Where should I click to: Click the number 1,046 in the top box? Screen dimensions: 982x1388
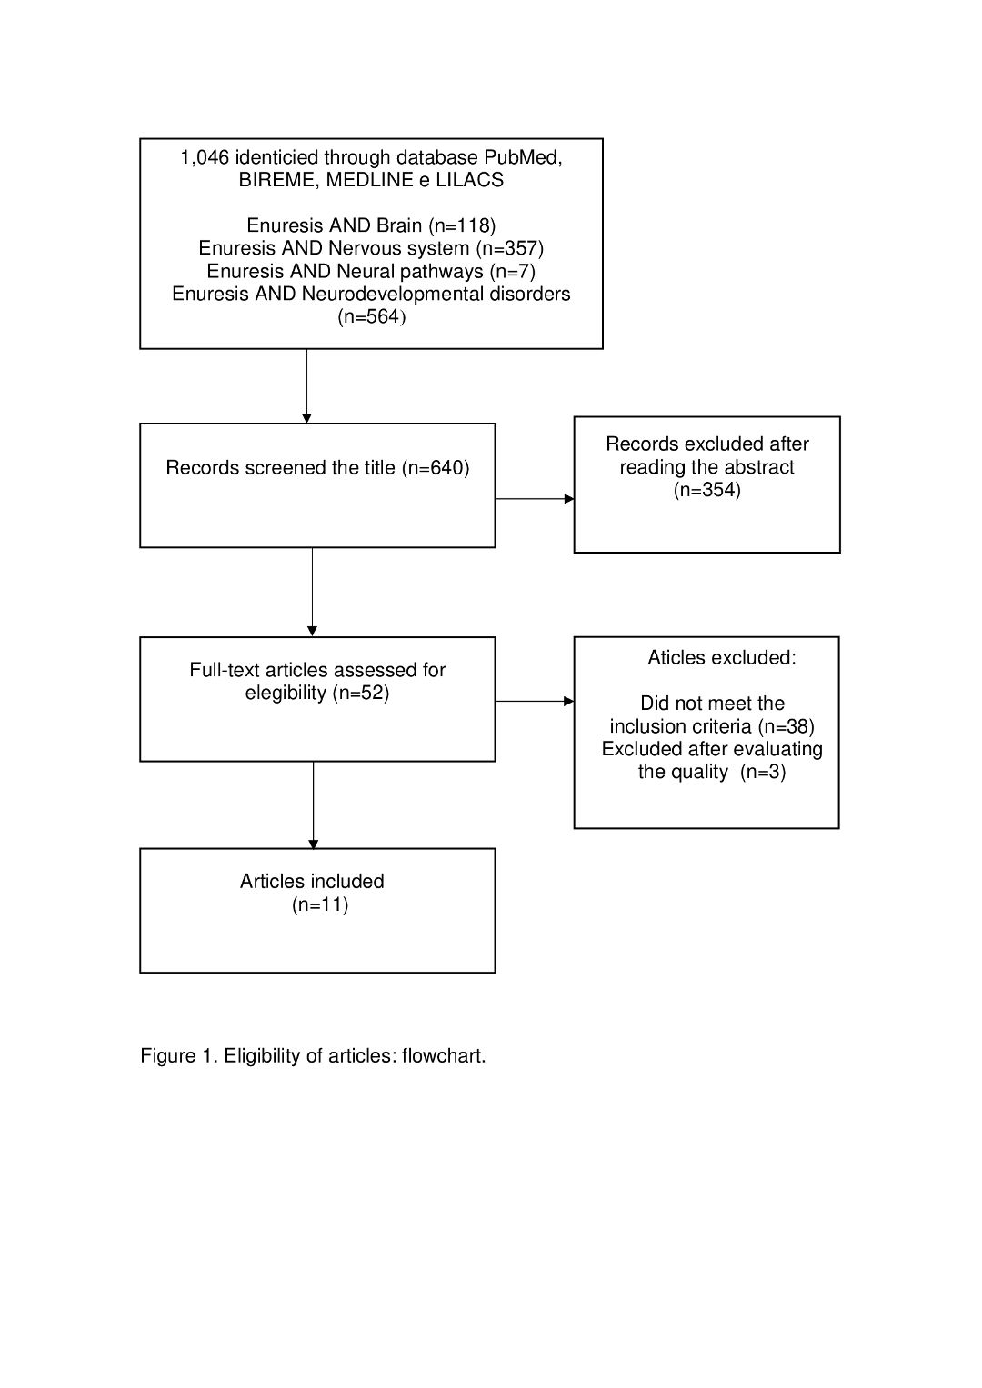coord(205,158)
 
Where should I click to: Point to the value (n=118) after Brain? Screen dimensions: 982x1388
coord(462,225)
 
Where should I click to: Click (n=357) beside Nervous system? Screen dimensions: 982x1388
coord(509,248)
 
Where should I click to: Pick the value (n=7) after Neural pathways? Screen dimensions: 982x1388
coord(512,272)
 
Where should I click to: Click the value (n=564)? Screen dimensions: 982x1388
coord(371,316)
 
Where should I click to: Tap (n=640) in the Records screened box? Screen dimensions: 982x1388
coord(436,468)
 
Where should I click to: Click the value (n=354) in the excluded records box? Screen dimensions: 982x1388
coord(706,490)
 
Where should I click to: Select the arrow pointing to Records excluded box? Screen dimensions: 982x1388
coord(535,499)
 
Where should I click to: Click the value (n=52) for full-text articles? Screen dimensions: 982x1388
coord(361,693)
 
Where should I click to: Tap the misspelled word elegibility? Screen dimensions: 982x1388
coord(286,693)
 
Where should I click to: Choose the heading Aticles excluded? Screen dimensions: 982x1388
coord(722,657)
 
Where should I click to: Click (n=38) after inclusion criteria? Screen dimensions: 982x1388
coord(787,726)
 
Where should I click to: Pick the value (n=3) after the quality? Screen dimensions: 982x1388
coord(763,772)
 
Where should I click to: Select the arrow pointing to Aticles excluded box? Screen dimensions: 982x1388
coord(535,702)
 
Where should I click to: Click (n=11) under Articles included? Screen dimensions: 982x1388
coord(320,905)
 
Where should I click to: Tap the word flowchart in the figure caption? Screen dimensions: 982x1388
coord(442,1056)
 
